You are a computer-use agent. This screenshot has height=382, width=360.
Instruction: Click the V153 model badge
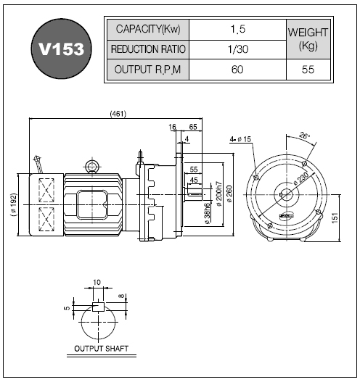point(61,49)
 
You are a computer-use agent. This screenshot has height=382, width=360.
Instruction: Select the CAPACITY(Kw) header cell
point(148,30)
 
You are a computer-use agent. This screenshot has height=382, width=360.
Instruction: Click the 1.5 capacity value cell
point(237,30)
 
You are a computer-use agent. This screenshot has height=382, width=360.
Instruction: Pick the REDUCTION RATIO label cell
point(148,49)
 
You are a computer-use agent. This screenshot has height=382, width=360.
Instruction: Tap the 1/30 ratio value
point(237,49)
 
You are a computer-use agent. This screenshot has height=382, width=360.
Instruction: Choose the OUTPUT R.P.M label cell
point(148,70)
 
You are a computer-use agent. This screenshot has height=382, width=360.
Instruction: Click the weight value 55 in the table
point(308,70)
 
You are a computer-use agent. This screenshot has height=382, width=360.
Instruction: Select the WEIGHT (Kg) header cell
point(308,39)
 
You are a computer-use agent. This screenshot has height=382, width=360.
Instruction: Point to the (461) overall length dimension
point(118,114)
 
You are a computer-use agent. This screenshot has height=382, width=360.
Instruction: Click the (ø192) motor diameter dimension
point(14,204)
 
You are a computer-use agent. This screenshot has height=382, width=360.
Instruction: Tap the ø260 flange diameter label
point(230,194)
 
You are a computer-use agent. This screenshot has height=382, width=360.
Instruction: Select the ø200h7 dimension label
point(219,194)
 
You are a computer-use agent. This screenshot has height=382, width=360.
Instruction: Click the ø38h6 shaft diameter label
point(207,213)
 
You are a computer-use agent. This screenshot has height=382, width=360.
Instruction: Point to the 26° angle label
point(304,136)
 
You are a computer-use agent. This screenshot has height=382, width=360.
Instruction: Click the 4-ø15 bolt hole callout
point(240,139)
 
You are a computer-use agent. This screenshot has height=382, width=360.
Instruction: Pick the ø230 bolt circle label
point(301,179)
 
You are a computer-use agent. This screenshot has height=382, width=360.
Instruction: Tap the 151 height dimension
point(335,217)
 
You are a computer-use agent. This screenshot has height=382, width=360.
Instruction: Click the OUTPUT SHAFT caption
point(101,349)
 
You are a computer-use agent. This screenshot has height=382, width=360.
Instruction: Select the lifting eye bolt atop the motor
point(92,167)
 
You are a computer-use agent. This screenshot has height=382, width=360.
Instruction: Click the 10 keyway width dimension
point(97,283)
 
